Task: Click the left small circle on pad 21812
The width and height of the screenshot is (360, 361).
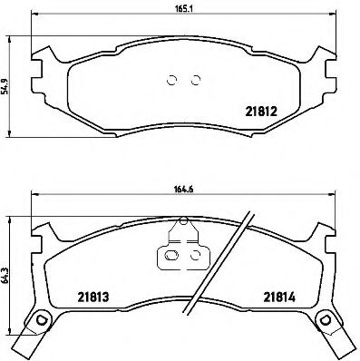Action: [x=173, y=79]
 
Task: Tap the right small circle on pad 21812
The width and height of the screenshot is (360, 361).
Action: [x=194, y=79]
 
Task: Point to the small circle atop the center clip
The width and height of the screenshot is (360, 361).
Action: [x=183, y=220]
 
